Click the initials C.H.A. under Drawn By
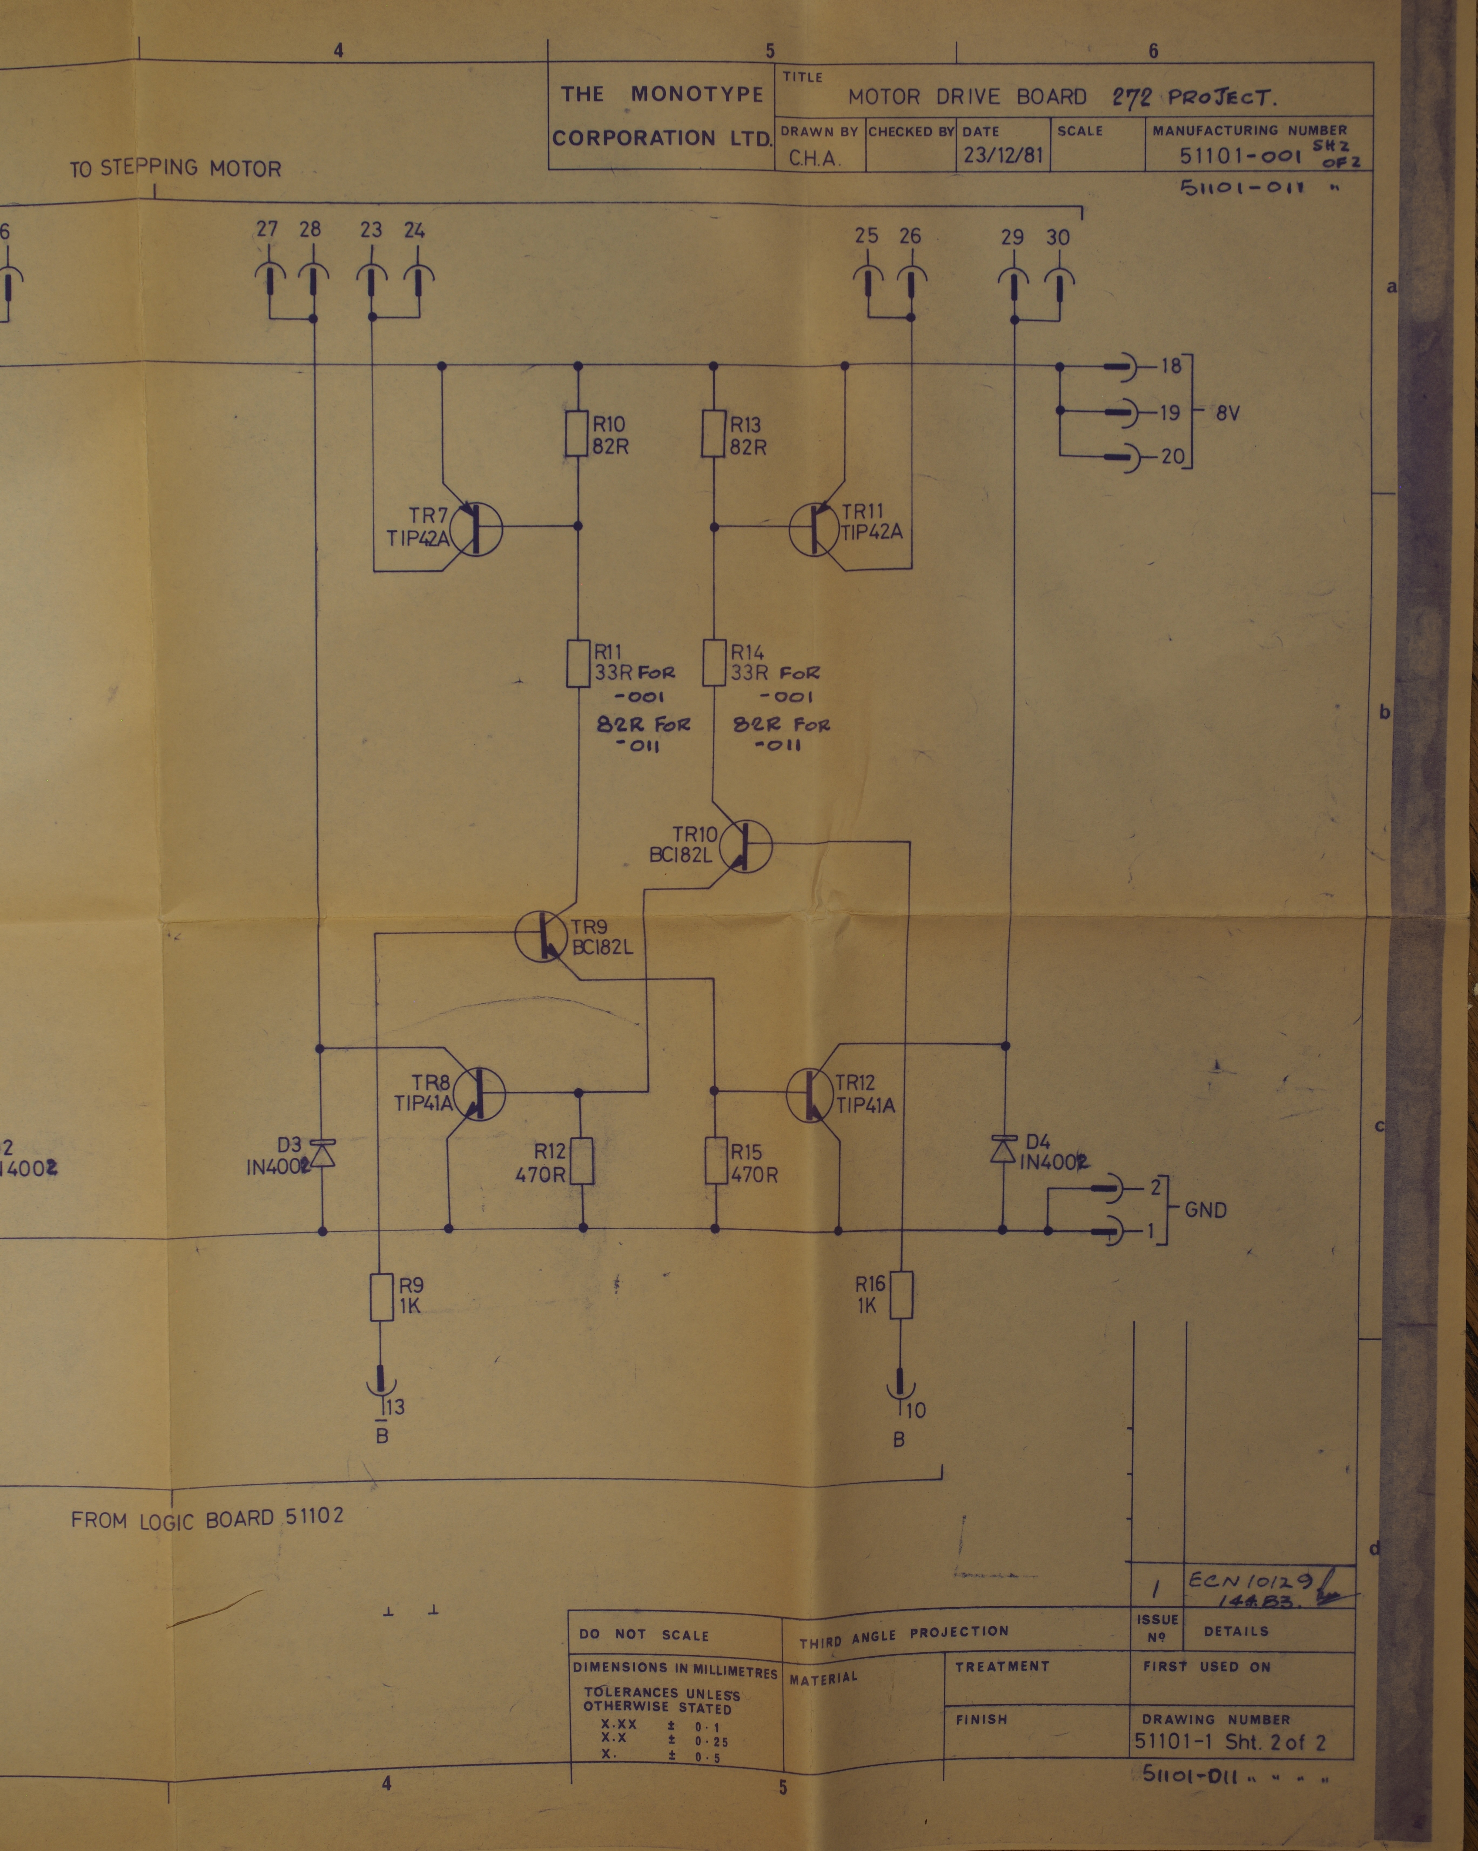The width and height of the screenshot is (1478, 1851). pyautogui.click(x=809, y=159)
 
